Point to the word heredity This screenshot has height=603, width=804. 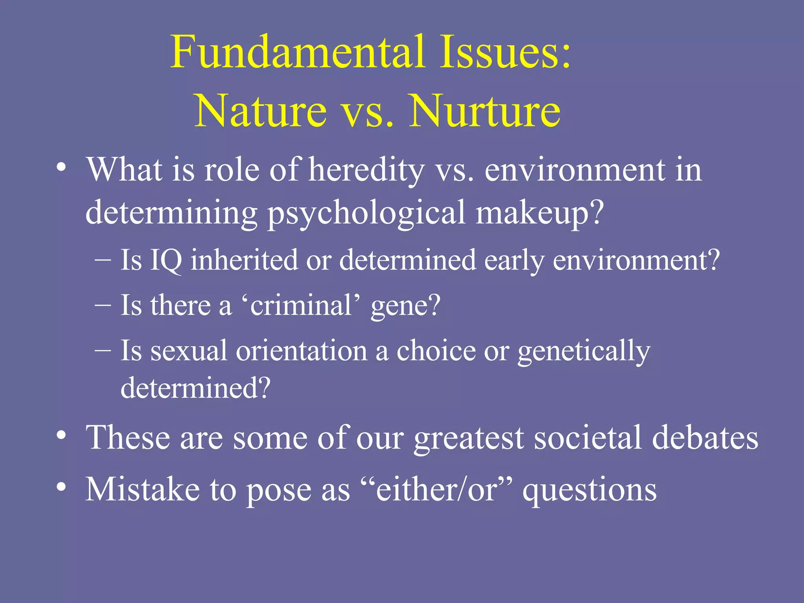pyautogui.click(x=366, y=171)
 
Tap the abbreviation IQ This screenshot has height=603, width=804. pyautogui.click(x=166, y=260)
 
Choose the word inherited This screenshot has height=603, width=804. pyautogui.click(x=244, y=260)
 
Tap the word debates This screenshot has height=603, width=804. pyautogui.click(x=705, y=438)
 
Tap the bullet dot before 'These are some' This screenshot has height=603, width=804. pyautogui.click(x=61, y=436)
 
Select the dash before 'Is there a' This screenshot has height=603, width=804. pyautogui.click(x=103, y=305)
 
